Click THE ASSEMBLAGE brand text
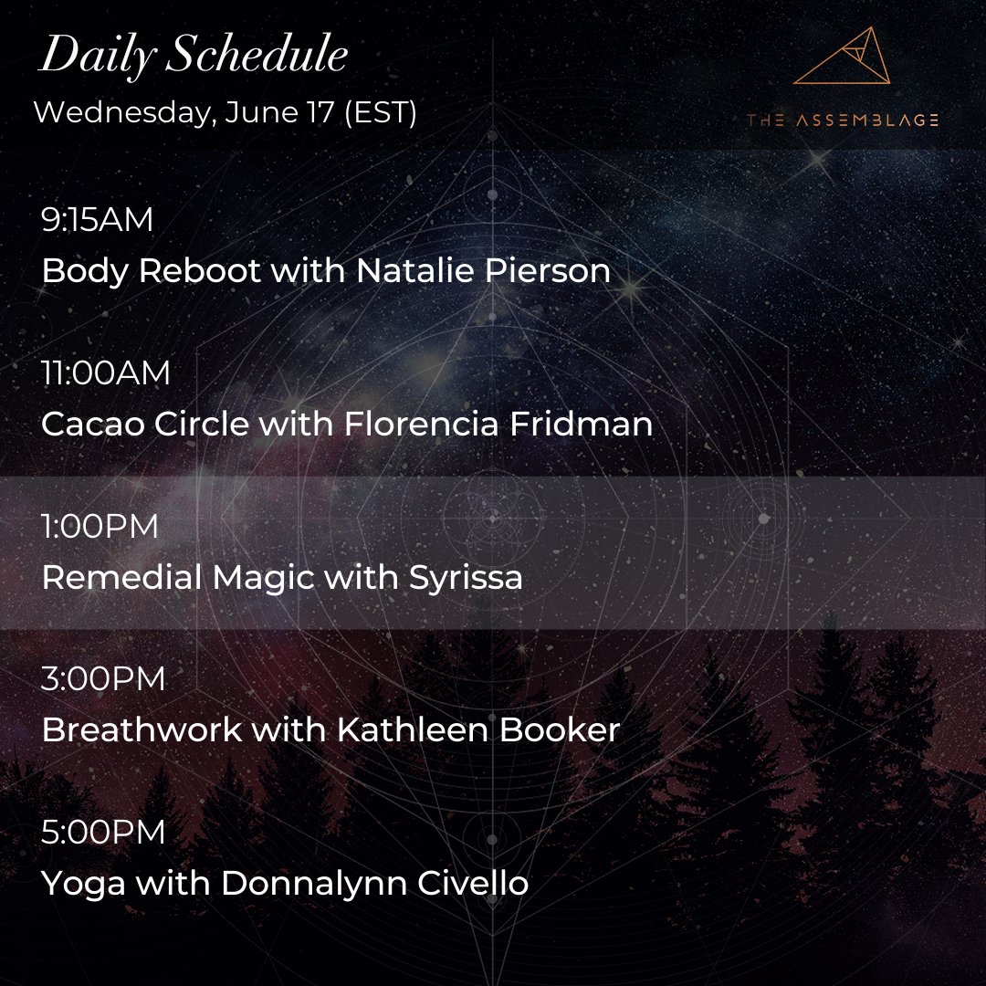coord(842,120)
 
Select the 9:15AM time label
coord(98,220)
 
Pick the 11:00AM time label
coord(106,373)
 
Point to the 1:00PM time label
coord(100,527)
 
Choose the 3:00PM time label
coord(104,680)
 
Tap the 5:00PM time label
coord(103,834)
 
